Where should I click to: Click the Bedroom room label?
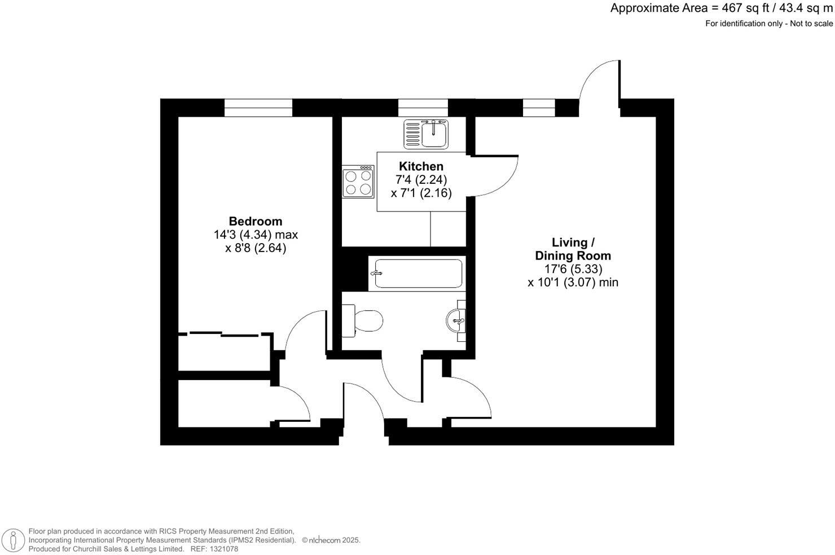pos(255,221)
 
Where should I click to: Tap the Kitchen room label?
pos(421,166)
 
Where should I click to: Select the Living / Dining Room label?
pos(573,249)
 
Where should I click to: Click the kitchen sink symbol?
pos(426,134)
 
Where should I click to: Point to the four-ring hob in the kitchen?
pos(358,182)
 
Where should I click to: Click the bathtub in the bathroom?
pos(417,274)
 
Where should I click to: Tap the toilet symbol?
pos(364,320)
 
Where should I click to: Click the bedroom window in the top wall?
pos(258,107)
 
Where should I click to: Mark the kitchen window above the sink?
pos(423,107)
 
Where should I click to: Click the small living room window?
pos(539,107)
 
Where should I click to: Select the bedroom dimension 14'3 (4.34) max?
pos(256,235)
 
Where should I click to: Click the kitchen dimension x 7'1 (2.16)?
pos(421,193)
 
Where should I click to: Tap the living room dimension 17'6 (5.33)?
pos(573,270)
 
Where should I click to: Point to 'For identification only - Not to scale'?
pos(768,24)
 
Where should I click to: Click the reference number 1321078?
pos(222,549)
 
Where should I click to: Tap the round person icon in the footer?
pos(11,540)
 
